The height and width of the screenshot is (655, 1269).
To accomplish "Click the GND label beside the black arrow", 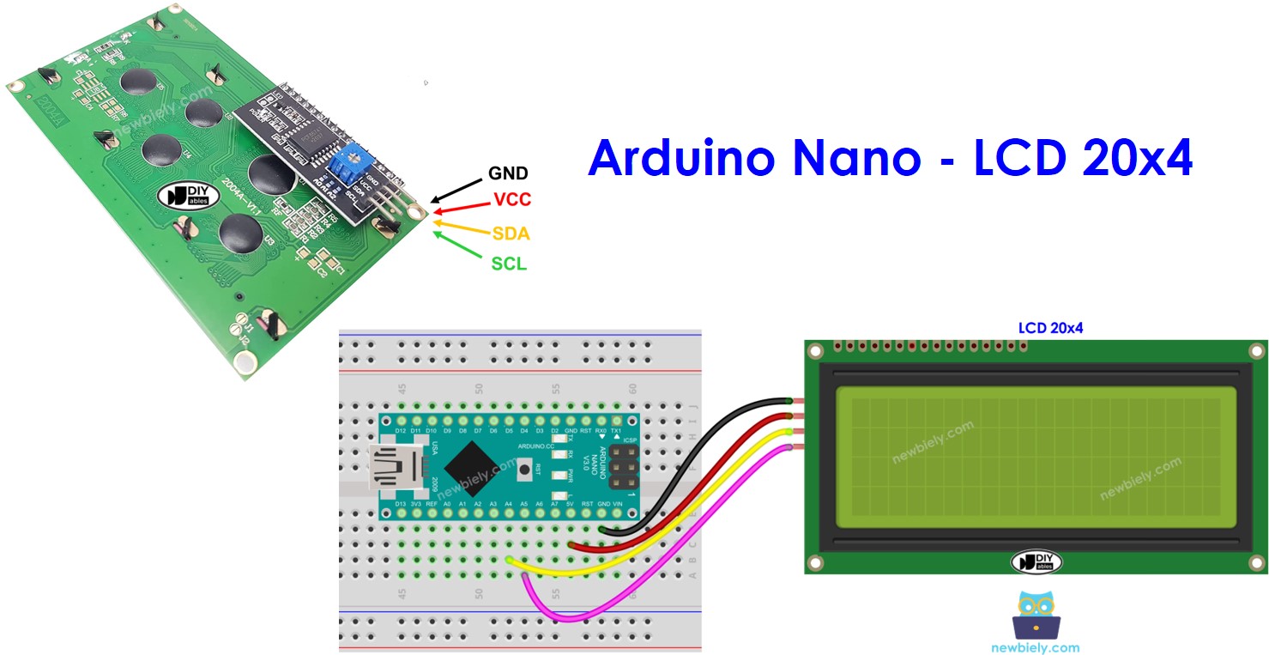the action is click(x=508, y=173).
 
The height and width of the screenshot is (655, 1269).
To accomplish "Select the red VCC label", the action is click(x=512, y=200).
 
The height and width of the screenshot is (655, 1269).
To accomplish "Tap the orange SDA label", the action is click(x=511, y=233).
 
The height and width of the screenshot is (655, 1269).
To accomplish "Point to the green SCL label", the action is click(x=509, y=264).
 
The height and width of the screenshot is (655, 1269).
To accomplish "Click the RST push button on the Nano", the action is click(x=523, y=469).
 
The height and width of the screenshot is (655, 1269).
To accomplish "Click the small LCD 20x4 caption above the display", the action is click(x=1050, y=328).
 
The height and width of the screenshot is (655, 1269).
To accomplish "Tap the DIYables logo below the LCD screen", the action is click(x=1036, y=561).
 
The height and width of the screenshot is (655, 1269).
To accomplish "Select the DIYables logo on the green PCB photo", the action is click(x=183, y=194).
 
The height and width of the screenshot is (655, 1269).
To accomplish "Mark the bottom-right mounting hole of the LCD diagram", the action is click(x=1257, y=563).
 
